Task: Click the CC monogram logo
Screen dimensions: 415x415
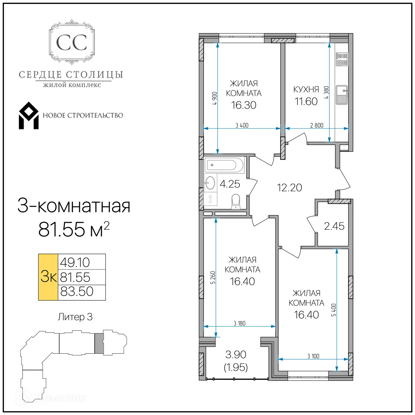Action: coord(72,42)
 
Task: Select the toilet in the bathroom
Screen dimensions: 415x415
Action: coord(236,201)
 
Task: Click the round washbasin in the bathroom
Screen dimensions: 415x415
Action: coord(210,183)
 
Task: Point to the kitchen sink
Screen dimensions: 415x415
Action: coord(342,95)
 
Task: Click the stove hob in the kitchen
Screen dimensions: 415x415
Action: coord(342,59)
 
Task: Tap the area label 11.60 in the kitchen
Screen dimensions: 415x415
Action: coord(306,101)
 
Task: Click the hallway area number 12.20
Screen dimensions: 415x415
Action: coord(289,188)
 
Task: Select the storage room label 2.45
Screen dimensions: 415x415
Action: coord(334,226)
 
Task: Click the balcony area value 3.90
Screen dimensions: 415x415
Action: coord(236,355)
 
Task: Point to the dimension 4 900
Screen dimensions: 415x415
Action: coord(215,98)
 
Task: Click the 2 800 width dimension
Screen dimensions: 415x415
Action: coord(317,125)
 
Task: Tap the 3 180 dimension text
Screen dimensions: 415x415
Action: coord(239,323)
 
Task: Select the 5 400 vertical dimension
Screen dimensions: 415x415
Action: coord(334,310)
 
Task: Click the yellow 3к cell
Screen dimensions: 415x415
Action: coord(48,277)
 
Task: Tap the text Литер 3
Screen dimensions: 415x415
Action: coord(75,317)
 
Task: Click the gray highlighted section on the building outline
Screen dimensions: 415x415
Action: coord(99,343)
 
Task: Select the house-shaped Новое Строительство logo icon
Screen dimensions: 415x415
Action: coord(29,116)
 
